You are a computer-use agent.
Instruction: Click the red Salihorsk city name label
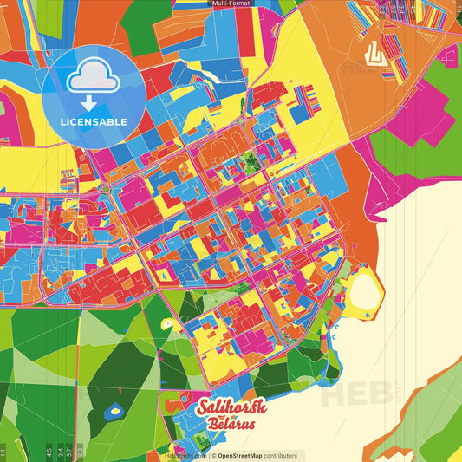(231, 407)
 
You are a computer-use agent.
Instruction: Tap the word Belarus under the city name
(231, 425)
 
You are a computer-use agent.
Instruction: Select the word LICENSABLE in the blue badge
(94, 121)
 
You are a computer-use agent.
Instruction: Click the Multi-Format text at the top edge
(231, 3)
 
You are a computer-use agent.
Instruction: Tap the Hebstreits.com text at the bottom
(185, 455)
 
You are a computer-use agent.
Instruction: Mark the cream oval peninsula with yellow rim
(364, 290)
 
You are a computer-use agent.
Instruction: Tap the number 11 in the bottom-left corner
(3, 452)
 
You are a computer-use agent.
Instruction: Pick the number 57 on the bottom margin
(69, 452)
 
